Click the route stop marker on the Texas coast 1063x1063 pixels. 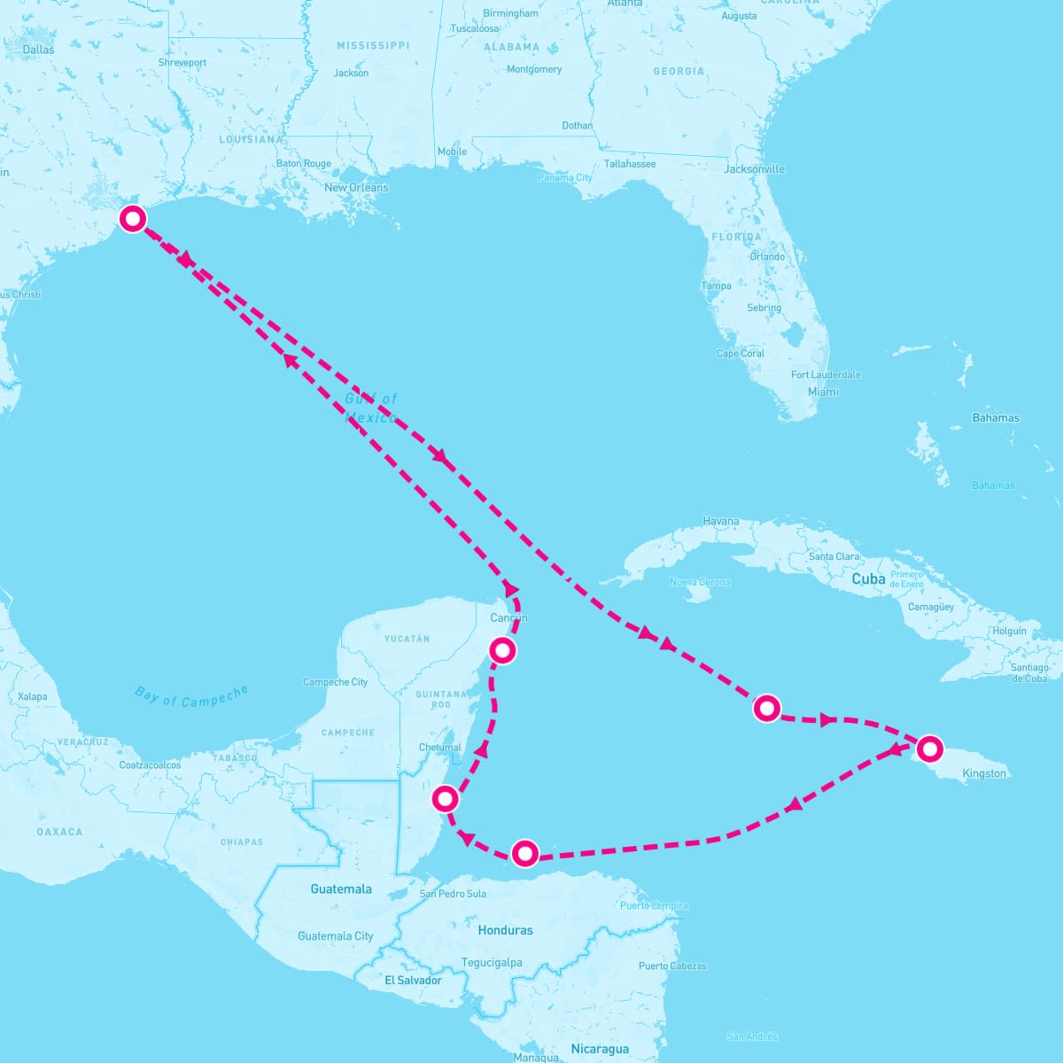(133, 218)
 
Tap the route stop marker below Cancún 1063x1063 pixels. (502, 650)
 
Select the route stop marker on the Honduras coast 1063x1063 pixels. (525, 853)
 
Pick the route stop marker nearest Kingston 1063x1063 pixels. (928, 749)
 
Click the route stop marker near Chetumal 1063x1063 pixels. (445, 799)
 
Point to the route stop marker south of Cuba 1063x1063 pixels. (766, 708)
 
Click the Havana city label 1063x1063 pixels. (720, 521)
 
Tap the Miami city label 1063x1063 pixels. (823, 392)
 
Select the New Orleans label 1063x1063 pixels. (356, 188)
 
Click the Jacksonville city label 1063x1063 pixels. (755, 168)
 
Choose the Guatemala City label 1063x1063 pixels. (336, 935)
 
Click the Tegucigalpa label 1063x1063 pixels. (492, 962)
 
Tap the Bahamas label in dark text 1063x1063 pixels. (996, 417)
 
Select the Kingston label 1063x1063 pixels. (984, 773)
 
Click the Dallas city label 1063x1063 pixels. (38, 50)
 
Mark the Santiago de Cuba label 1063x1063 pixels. (1028, 672)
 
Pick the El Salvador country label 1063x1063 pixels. (413, 980)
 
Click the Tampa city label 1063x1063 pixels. (716, 286)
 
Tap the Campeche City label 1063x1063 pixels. (335, 682)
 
